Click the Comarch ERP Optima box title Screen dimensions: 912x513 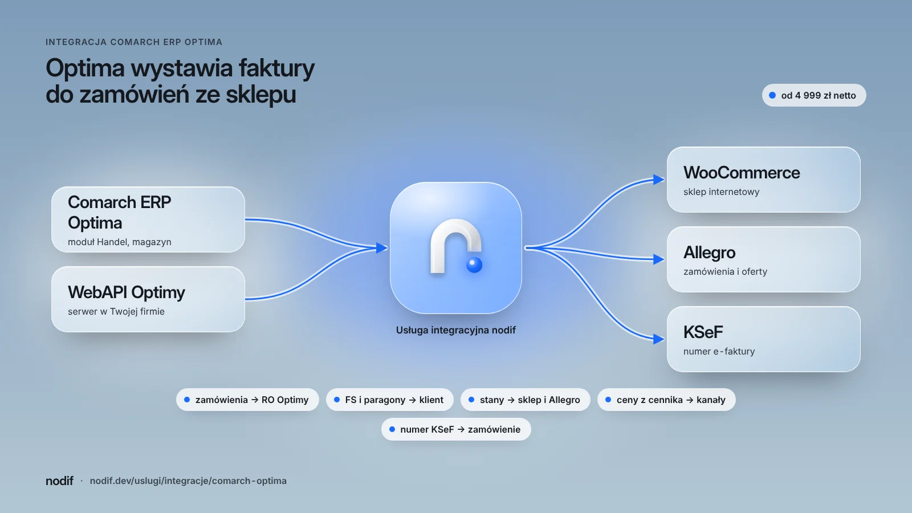(119, 213)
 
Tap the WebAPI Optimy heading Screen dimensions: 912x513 (126, 292)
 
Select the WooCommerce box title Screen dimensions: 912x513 (742, 173)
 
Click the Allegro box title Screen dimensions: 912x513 (709, 253)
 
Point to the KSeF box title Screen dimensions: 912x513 (703, 332)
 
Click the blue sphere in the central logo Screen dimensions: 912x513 (474, 265)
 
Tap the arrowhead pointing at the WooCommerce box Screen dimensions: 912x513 (659, 179)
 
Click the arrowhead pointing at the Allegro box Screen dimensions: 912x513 (659, 259)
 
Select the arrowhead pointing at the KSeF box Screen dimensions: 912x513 (659, 339)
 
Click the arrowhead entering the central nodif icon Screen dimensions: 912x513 (382, 247)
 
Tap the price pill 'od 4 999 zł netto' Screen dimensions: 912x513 (814, 95)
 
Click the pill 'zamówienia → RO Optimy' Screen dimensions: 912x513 (247, 400)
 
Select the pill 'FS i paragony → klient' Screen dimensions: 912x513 (390, 400)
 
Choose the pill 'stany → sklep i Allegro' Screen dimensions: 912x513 (525, 400)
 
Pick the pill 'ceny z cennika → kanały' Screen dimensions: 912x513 (666, 400)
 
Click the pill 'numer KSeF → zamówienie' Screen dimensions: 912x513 (456, 430)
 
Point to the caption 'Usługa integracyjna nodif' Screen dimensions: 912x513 (456, 330)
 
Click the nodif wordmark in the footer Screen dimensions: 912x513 (59, 481)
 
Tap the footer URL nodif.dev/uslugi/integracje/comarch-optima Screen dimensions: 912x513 (188, 481)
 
